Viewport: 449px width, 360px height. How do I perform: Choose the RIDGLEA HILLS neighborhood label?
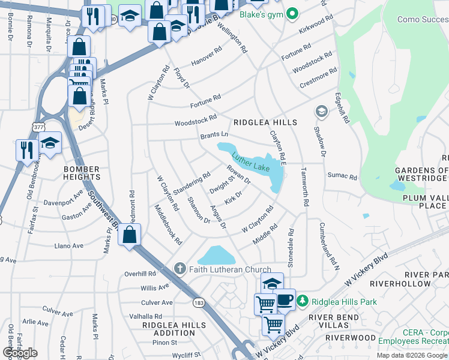pyautogui.click(x=265, y=122)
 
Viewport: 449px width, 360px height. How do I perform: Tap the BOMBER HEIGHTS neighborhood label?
pyautogui.click(x=82, y=173)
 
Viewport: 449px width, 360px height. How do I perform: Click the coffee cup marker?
pyautogui.click(x=285, y=299)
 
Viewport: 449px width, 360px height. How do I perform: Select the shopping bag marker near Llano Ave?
pyautogui.click(x=130, y=235)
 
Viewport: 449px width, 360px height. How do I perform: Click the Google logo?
pyautogui.click(x=20, y=353)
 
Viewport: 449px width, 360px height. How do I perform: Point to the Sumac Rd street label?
pyautogui.click(x=342, y=177)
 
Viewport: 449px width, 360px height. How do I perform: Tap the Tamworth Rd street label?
pyautogui.click(x=305, y=192)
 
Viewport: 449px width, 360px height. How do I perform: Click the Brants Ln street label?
pyautogui.click(x=214, y=136)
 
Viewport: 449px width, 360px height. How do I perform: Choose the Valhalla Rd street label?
pyautogui.click(x=142, y=316)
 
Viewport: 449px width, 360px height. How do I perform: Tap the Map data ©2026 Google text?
pyautogui.click(x=411, y=355)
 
